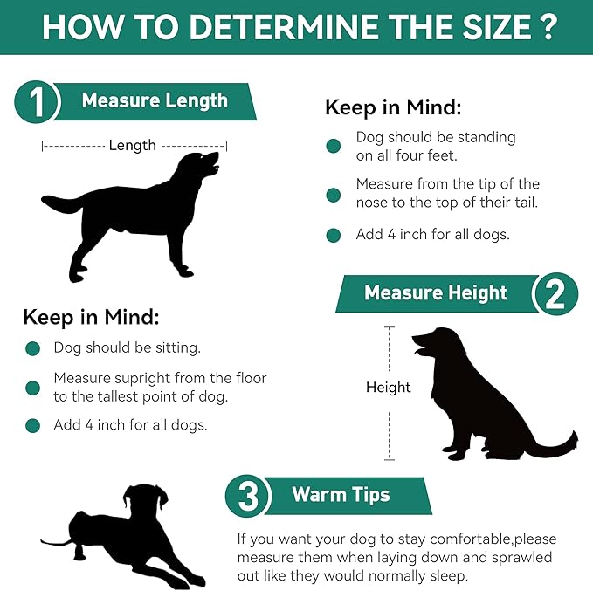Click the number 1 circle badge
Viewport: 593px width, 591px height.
(37, 102)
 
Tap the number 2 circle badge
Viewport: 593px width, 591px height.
(555, 294)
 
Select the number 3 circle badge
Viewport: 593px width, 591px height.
(248, 496)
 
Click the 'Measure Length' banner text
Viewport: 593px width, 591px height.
(155, 100)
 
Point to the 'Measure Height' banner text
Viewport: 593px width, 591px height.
(435, 292)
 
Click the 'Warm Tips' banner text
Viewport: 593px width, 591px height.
(341, 495)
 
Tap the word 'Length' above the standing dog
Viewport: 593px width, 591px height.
(133, 146)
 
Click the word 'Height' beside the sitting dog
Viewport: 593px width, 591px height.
(389, 388)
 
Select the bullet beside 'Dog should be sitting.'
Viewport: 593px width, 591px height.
(33, 348)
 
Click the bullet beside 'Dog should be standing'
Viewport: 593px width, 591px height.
(334, 146)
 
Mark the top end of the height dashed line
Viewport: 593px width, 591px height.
(390, 327)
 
